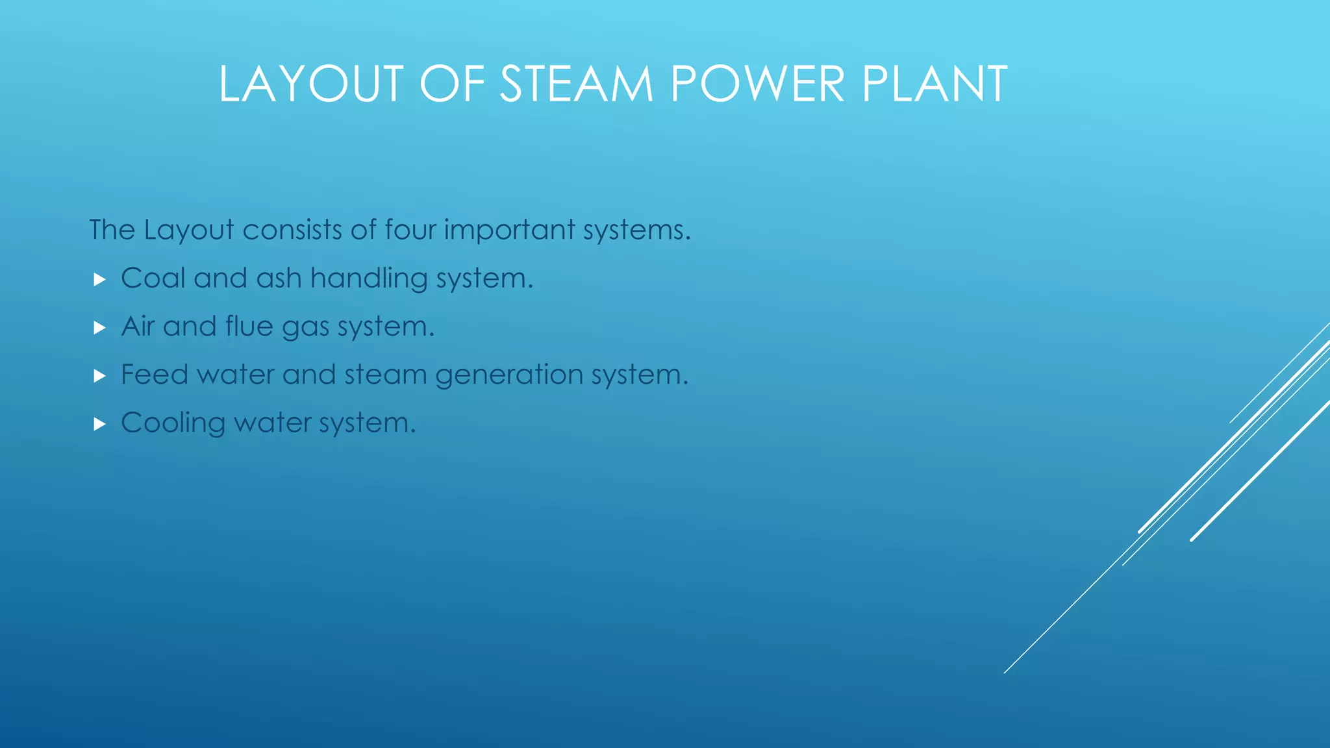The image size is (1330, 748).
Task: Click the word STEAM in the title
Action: point(576,84)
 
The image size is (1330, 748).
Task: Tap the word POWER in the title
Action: point(757,84)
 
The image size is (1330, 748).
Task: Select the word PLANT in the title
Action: point(935,84)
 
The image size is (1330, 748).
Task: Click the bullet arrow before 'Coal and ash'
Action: point(99,280)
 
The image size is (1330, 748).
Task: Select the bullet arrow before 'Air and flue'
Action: point(99,328)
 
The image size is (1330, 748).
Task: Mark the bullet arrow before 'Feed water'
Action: point(99,376)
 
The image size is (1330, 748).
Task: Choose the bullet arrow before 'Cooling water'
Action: point(99,424)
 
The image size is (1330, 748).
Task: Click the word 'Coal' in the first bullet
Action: point(153,279)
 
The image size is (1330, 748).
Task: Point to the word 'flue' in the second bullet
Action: point(249,326)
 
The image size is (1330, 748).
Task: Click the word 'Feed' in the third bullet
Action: point(155,375)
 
